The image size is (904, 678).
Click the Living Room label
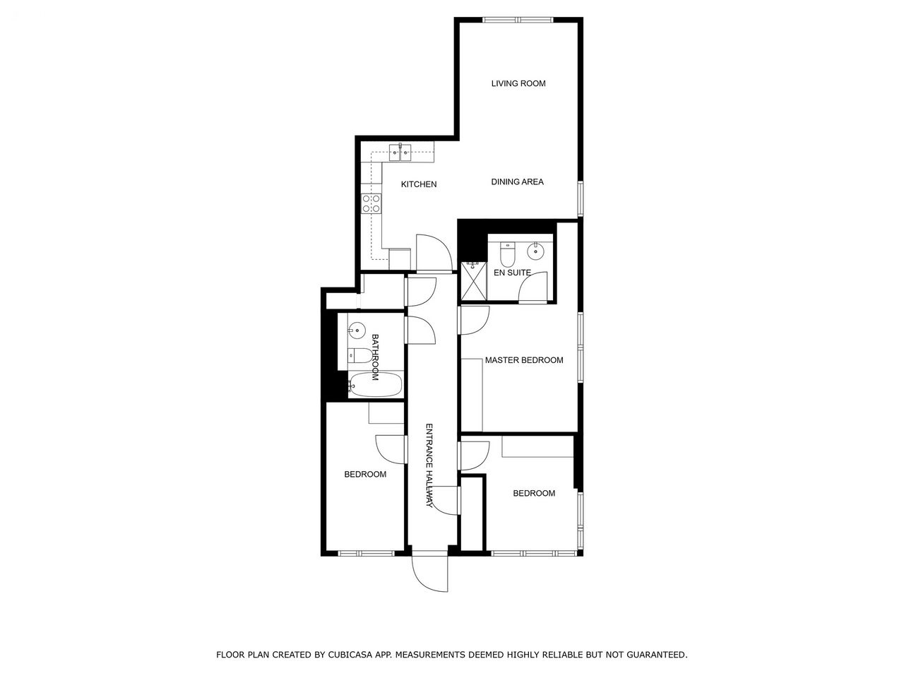[x=518, y=83]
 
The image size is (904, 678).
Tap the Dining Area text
[x=517, y=182]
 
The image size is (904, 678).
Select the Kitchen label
[x=418, y=184]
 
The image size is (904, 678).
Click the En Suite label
[x=512, y=273]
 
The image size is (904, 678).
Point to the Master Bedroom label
[x=524, y=360]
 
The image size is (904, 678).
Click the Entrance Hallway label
[x=429, y=465]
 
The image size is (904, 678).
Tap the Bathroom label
[x=375, y=357]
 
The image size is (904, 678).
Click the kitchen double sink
[x=400, y=153]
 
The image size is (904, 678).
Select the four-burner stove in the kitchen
[x=371, y=204]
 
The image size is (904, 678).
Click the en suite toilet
[x=507, y=254]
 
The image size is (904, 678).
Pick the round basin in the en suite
[x=535, y=251]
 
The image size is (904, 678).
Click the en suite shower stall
[x=474, y=281]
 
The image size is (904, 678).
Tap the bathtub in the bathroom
[x=375, y=384]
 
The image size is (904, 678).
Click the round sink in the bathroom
[x=357, y=330]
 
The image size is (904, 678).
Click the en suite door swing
[x=533, y=287]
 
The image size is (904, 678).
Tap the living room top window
[x=518, y=19]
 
